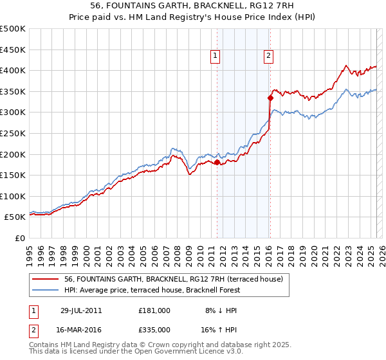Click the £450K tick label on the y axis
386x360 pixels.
[13, 50]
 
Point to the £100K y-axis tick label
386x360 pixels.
[13, 196]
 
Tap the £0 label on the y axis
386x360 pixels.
[20, 238]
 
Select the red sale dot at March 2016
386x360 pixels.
[270, 98]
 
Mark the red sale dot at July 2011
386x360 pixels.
[217, 163]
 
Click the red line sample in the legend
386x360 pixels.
[46, 279]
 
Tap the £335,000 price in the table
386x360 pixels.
[154, 329]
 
